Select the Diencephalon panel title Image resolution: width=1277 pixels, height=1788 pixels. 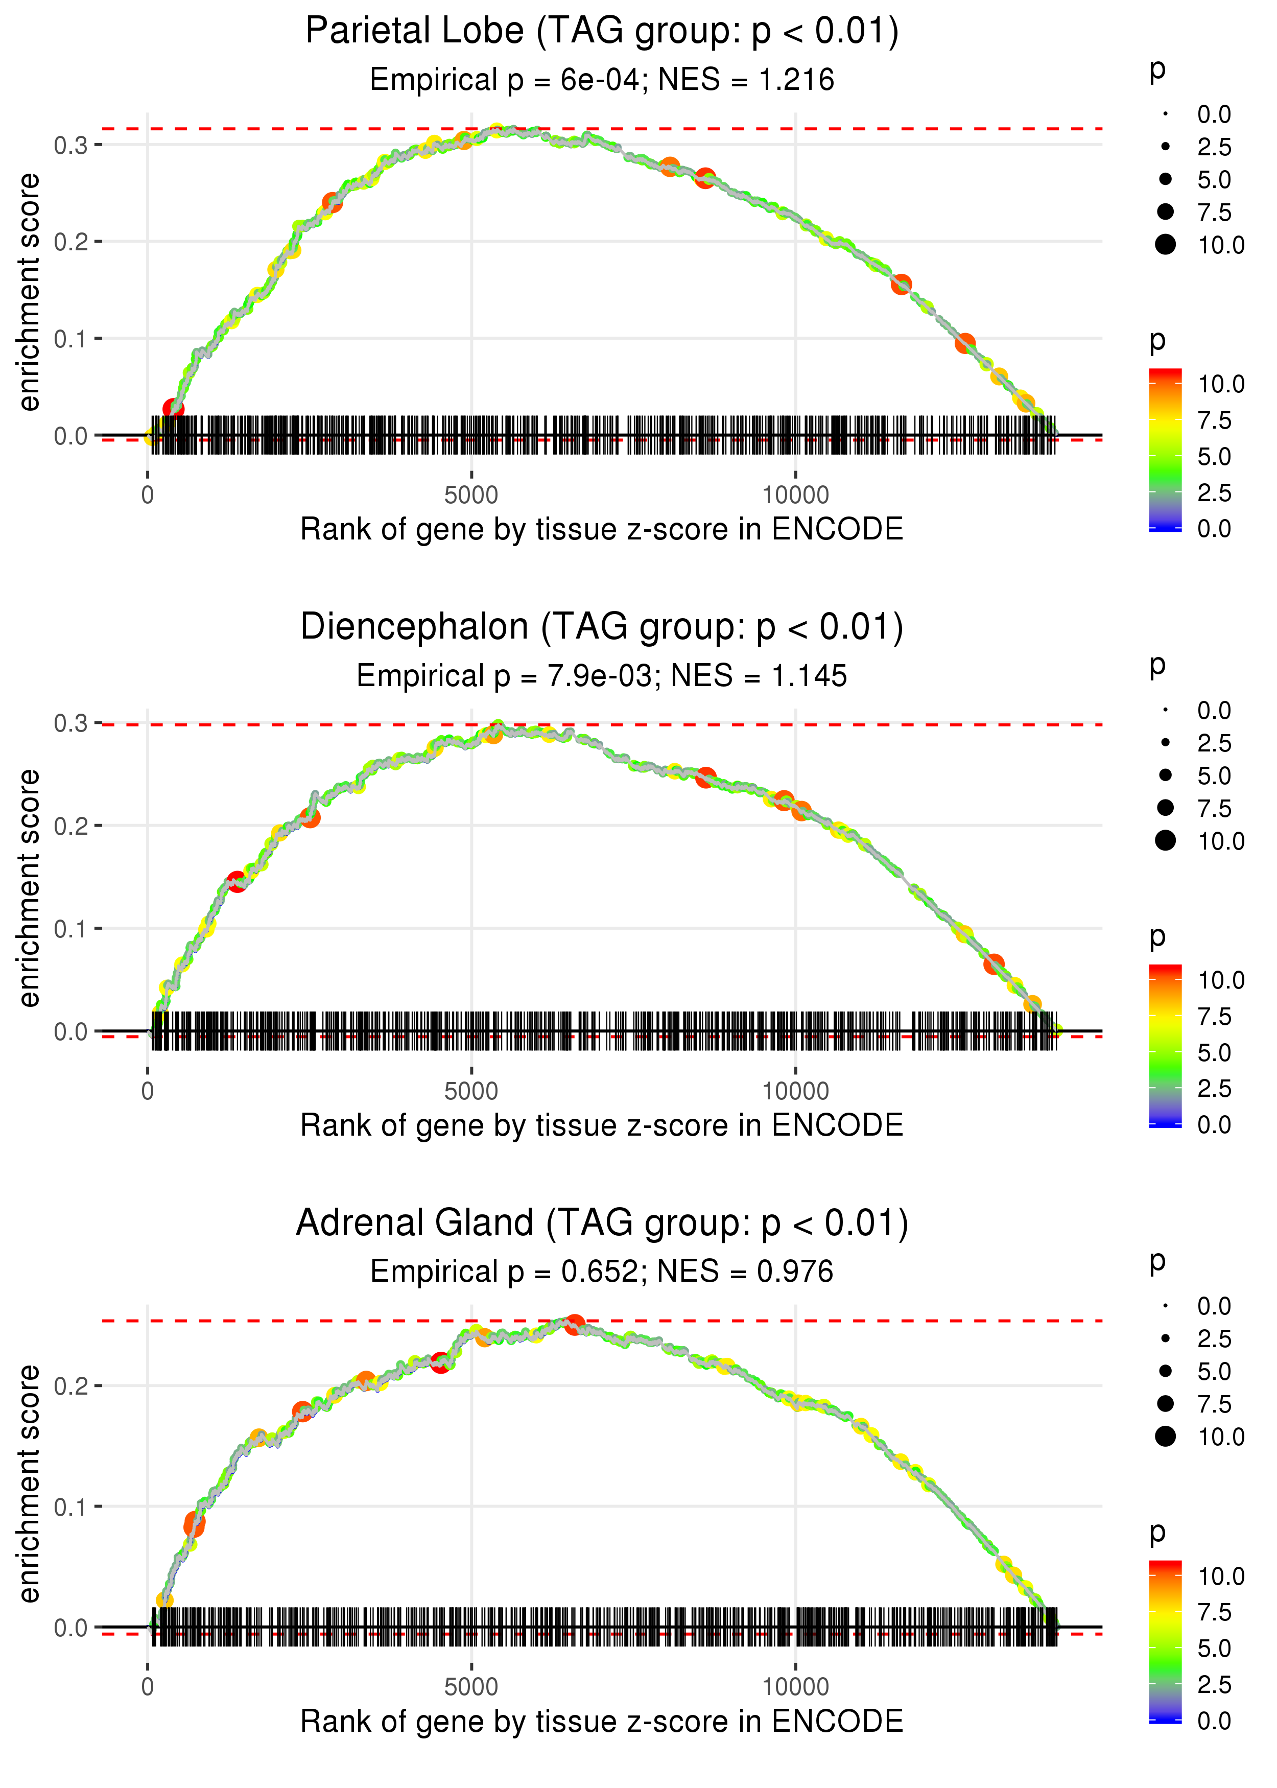(602, 627)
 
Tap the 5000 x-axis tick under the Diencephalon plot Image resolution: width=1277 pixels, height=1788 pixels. (471, 1091)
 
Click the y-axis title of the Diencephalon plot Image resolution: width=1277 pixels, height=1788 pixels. (29, 888)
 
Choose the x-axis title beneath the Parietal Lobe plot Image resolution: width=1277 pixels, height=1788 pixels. (602, 530)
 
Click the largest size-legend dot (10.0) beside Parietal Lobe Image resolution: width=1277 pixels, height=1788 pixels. (1165, 245)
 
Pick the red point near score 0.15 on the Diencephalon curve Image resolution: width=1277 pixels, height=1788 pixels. (237, 881)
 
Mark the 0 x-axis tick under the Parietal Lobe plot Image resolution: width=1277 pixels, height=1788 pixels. (148, 496)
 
